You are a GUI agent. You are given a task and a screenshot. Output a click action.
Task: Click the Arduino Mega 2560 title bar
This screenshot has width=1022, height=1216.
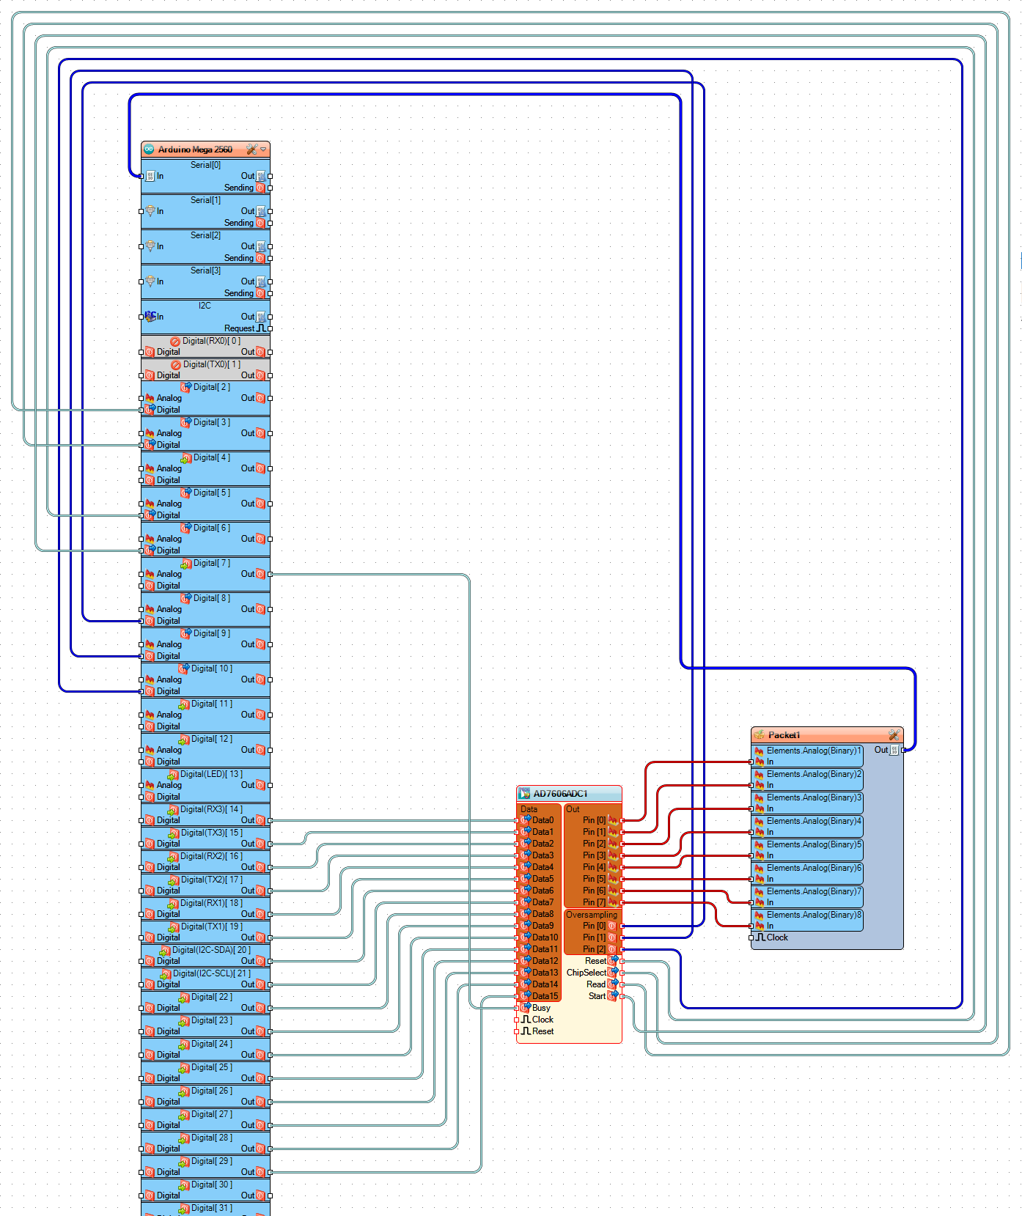[195, 150]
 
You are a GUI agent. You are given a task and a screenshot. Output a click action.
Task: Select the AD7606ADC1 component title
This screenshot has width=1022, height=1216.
[560, 794]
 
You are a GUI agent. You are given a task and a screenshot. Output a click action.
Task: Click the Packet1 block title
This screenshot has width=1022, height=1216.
[784, 735]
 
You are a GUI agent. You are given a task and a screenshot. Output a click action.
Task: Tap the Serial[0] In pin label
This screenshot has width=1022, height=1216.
[160, 176]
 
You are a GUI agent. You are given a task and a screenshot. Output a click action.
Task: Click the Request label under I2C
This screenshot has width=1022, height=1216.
[239, 328]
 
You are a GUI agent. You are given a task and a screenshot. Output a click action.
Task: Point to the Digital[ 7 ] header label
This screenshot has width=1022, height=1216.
[211, 563]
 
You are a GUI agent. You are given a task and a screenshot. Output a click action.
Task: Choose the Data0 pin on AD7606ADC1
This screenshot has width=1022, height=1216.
[543, 820]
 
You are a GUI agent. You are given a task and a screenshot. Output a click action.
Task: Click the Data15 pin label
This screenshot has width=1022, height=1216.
[545, 996]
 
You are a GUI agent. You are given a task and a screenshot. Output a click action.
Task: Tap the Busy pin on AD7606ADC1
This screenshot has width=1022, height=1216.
[541, 1008]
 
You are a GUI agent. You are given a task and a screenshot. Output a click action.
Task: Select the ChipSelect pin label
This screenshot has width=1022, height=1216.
[587, 973]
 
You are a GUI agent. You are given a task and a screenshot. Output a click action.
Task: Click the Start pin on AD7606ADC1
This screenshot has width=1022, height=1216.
[597, 996]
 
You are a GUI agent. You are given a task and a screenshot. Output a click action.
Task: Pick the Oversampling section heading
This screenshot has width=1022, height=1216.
[592, 915]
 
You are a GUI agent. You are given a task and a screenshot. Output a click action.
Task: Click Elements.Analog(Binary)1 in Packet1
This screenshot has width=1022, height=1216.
[814, 751]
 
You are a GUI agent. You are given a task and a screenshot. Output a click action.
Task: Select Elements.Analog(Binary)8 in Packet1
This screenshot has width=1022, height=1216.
[814, 915]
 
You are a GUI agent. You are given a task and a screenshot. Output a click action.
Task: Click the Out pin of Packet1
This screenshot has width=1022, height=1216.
[881, 750]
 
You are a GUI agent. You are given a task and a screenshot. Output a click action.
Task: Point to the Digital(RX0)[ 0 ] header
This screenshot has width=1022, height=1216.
[211, 341]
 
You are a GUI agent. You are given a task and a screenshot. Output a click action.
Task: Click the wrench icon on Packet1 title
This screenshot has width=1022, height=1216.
[894, 735]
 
